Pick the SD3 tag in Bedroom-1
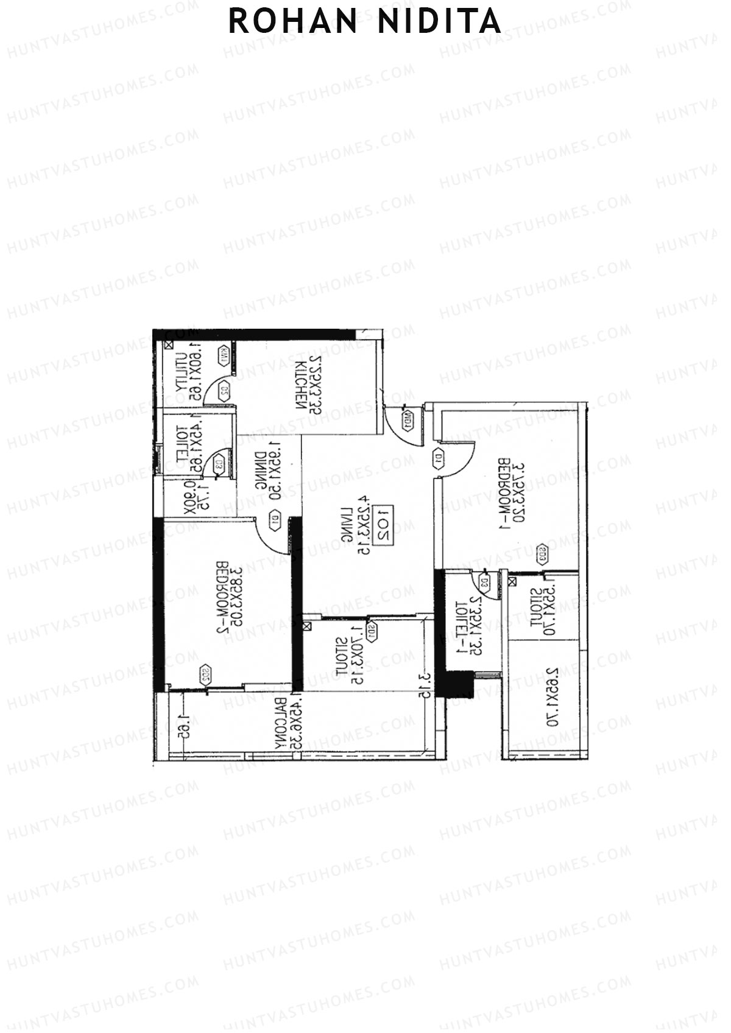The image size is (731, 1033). [x=541, y=555]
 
